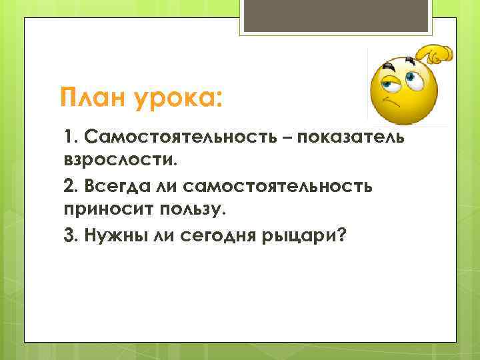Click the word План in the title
pos(93,99)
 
